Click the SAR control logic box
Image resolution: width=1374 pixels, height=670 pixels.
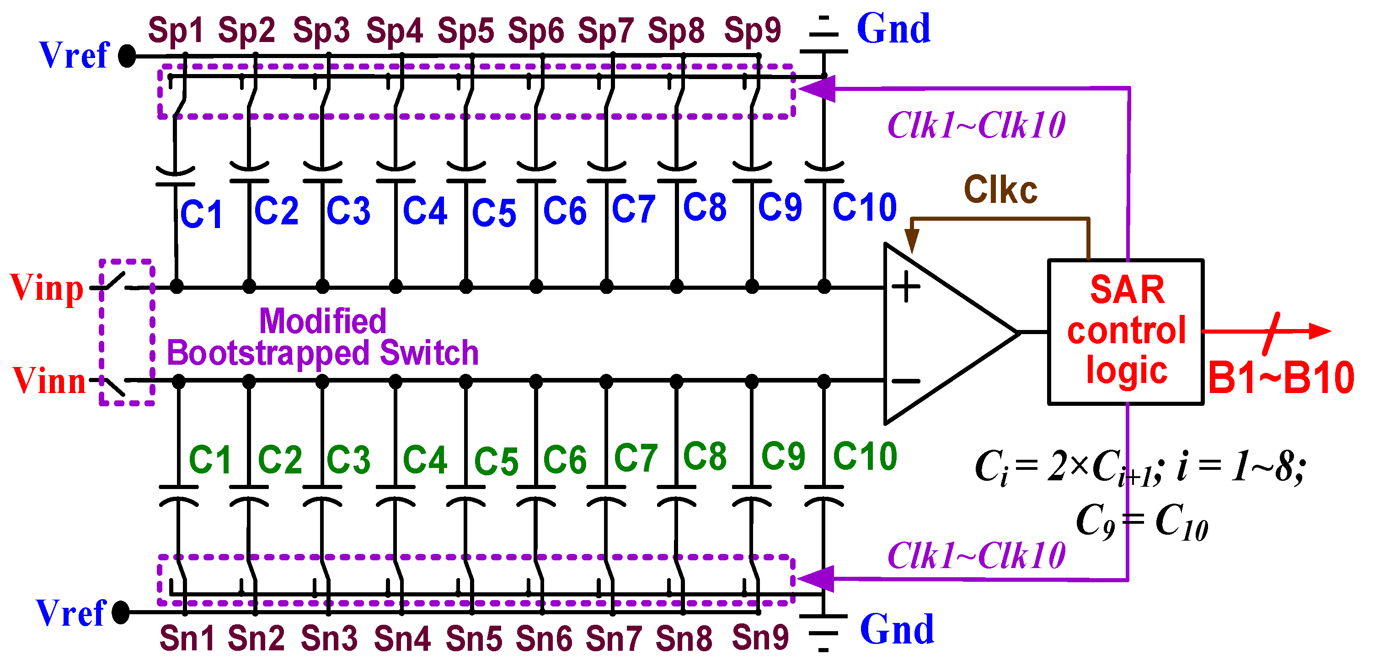point(1125,331)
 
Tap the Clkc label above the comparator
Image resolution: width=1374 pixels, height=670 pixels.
point(1000,190)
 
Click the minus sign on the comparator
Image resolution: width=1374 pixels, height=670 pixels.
point(906,381)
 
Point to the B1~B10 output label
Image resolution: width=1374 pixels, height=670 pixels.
point(1281,378)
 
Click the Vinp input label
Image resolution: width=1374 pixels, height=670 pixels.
point(47,288)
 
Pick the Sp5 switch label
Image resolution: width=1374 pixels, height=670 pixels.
point(465,30)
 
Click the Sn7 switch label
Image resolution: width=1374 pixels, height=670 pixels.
point(614,638)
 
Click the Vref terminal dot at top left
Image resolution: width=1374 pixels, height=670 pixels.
point(127,55)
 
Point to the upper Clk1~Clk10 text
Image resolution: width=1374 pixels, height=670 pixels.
point(976,126)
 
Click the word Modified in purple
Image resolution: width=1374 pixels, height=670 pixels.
point(322,321)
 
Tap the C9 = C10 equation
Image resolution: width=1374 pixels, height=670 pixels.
point(1141,521)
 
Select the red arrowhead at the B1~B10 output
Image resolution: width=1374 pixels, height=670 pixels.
point(1320,331)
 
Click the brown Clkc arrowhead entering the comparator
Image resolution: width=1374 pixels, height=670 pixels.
point(912,241)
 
